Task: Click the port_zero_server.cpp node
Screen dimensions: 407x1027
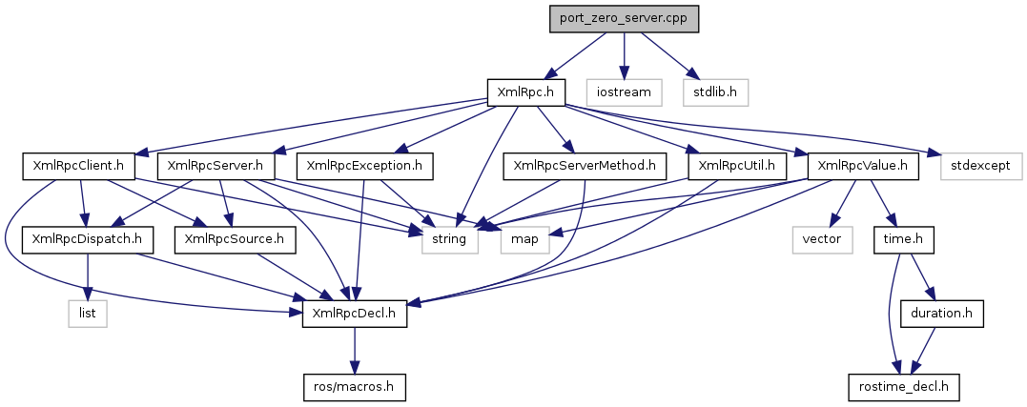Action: tap(624, 19)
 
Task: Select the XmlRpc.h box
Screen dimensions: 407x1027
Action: tap(526, 92)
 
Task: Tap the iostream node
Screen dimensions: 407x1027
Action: tap(624, 92)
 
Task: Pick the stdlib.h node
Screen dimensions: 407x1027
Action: tap(715, 92)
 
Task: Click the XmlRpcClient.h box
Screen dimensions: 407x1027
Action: tap(77, 166)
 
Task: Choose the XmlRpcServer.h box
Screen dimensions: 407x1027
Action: tap(216, 166)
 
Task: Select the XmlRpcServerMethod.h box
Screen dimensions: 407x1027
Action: tap(585, 166)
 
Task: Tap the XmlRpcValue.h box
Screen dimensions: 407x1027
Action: tap(863, 166)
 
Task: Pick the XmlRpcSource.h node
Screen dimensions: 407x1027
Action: tap(236, 238)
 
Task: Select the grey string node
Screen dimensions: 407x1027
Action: tap(449, 238)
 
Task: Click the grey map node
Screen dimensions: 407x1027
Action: tap(524, 238)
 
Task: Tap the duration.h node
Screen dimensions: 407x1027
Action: tap(941, 312)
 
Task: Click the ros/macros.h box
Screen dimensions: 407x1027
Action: tap(354, 386)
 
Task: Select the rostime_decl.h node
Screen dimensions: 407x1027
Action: tap(903, 386)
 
